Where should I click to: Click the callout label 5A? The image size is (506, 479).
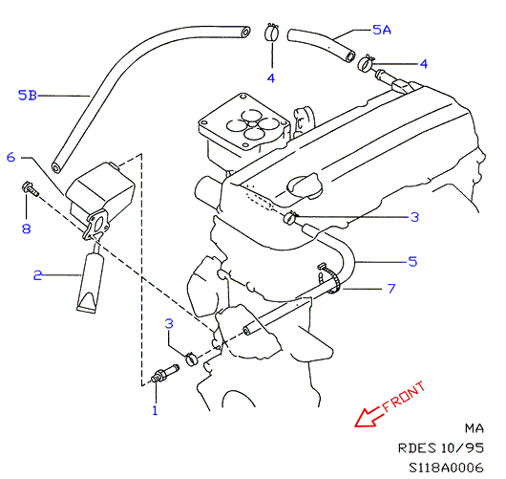pos(382,30)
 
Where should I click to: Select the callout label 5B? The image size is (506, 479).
pos(28,96)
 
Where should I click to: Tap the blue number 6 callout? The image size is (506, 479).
pos(11,158)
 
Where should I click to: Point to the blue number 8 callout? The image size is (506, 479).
pos(27,229)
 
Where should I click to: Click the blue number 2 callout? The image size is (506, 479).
pos(38,275)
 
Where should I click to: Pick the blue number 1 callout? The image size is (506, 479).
pos(155,410)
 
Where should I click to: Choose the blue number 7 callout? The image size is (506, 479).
pos(391,289)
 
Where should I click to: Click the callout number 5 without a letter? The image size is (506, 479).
pos(412,261)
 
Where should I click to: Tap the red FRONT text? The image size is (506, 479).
pos(404,397)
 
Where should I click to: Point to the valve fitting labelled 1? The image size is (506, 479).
pos(165,373)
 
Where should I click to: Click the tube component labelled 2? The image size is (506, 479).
pos(91,281)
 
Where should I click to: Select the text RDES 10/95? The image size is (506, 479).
pos(441,448)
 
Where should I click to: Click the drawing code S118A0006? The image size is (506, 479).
pos(446,468)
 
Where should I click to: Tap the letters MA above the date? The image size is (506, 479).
pos(474,428)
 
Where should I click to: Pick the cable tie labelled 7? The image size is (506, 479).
pos(330,278)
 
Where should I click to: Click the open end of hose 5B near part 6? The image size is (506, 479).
pos(56,168)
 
